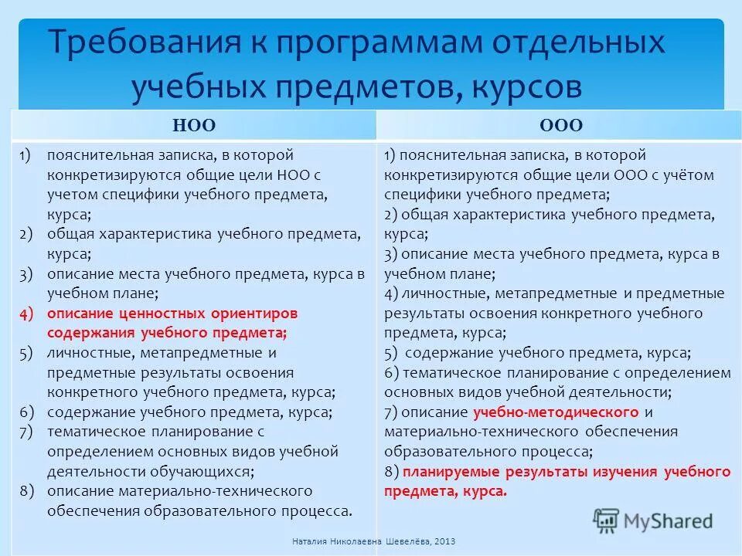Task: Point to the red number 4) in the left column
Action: pos(27,314)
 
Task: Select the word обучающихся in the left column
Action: pos(202,470)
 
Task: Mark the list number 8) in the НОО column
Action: pos(27,490)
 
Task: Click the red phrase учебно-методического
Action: pos(556,411)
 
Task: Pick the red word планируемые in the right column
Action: pos(448,470)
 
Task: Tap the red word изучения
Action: pos(625,470)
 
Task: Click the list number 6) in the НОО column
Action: pos(27,412)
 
